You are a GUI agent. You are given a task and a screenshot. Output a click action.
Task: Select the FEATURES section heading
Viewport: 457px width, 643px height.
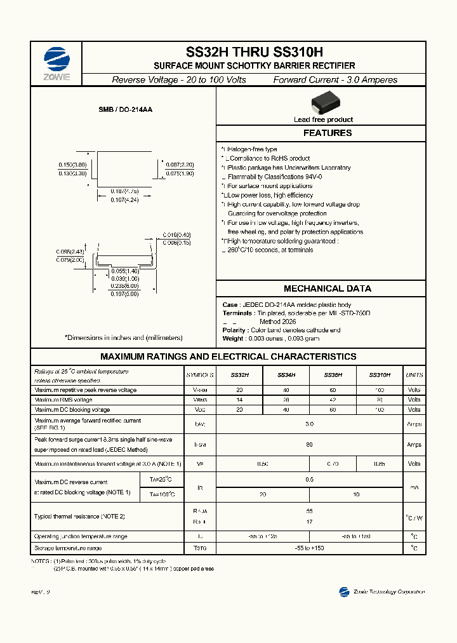[327, 133]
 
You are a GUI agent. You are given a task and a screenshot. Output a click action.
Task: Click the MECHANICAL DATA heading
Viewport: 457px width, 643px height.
[327, 288]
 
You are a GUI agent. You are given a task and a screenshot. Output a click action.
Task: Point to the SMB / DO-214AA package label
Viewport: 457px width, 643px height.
[125, 110]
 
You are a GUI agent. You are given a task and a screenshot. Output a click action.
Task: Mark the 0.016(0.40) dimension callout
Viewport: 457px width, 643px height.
[177, 235]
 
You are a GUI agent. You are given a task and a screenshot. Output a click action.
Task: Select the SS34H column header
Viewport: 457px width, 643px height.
[286, 376]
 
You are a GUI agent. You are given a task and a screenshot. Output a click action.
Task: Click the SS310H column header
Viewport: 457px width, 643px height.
[380, 376]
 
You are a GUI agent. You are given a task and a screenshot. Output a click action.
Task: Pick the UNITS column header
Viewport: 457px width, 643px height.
[414, 376]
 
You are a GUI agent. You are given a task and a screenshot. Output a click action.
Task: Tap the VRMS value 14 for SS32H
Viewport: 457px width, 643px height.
[239, 400]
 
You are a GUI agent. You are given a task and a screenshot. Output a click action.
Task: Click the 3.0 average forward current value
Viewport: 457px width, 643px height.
[309, 423]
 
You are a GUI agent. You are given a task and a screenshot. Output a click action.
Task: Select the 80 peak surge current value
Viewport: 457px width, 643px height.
[309, 445]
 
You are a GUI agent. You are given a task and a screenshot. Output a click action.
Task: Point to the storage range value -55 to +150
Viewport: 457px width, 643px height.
[309, 548]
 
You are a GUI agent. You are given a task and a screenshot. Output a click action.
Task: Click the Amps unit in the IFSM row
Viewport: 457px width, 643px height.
[414, 445]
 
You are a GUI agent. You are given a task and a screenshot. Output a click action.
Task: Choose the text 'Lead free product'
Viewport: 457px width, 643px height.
[323, 119]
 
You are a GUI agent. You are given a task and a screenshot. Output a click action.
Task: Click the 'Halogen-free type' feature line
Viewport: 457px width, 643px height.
[251, 149]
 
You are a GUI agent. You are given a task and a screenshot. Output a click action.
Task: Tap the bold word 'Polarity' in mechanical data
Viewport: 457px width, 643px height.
[234, 330]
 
